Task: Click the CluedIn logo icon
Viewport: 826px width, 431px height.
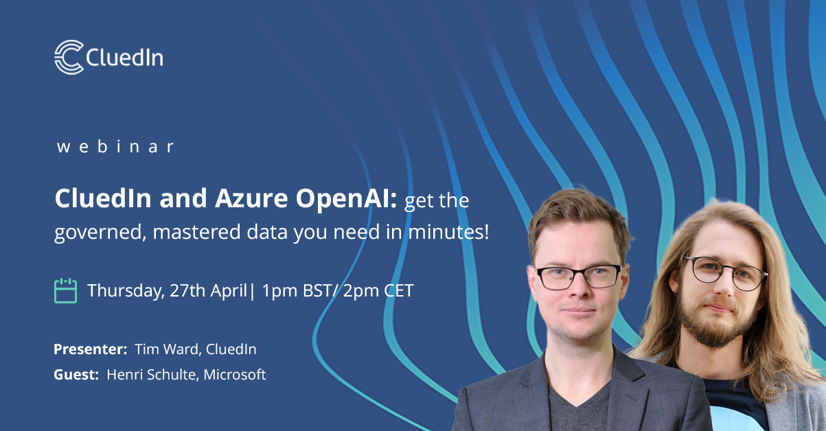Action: (69, 57)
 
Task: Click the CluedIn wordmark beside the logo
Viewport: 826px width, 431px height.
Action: (125, 58)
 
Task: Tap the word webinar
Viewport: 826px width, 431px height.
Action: (115, 146)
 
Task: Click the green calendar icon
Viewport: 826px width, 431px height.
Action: (65, 290)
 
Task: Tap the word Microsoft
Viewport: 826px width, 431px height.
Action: (234, 375)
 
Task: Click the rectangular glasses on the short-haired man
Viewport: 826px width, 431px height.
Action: (578, 276)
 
